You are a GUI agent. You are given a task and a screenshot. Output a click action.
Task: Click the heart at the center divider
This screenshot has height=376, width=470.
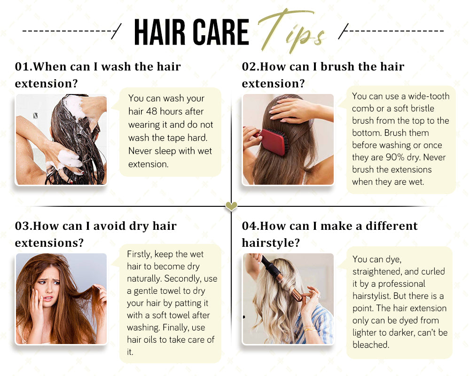click(x=231, y=206)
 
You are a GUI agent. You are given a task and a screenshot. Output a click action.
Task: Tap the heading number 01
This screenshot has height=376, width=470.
click(x=23, y=67)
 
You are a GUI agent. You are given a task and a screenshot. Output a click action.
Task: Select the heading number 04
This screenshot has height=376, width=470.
click(x=249, y=226)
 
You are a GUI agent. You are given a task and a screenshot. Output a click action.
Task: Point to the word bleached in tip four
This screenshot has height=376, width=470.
click(x=371, y=345)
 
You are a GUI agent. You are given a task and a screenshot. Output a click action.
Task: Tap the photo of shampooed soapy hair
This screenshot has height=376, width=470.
click(x=61, y=139)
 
